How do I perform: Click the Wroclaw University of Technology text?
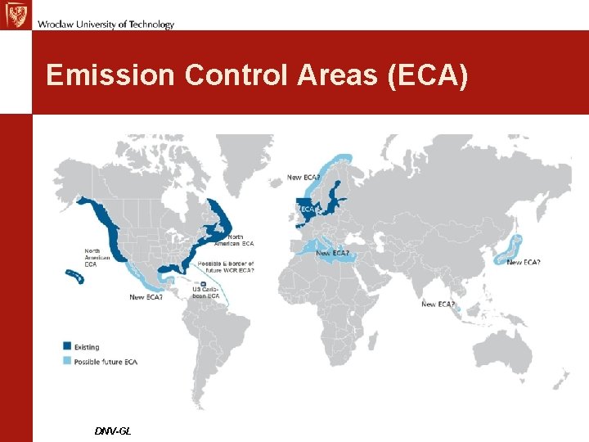(106, 24)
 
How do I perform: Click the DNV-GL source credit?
(112, 431)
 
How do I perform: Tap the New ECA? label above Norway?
(303, 178)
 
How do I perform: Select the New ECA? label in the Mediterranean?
(334, 253)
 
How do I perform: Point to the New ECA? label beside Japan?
(524, 262)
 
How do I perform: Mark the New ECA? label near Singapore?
(438, 304)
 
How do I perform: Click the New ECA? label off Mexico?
(146, 297)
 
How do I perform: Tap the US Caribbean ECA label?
(205, 292)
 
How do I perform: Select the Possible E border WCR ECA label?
(227, 267)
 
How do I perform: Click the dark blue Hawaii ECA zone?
(76, 277)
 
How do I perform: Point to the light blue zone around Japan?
(512, 246)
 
